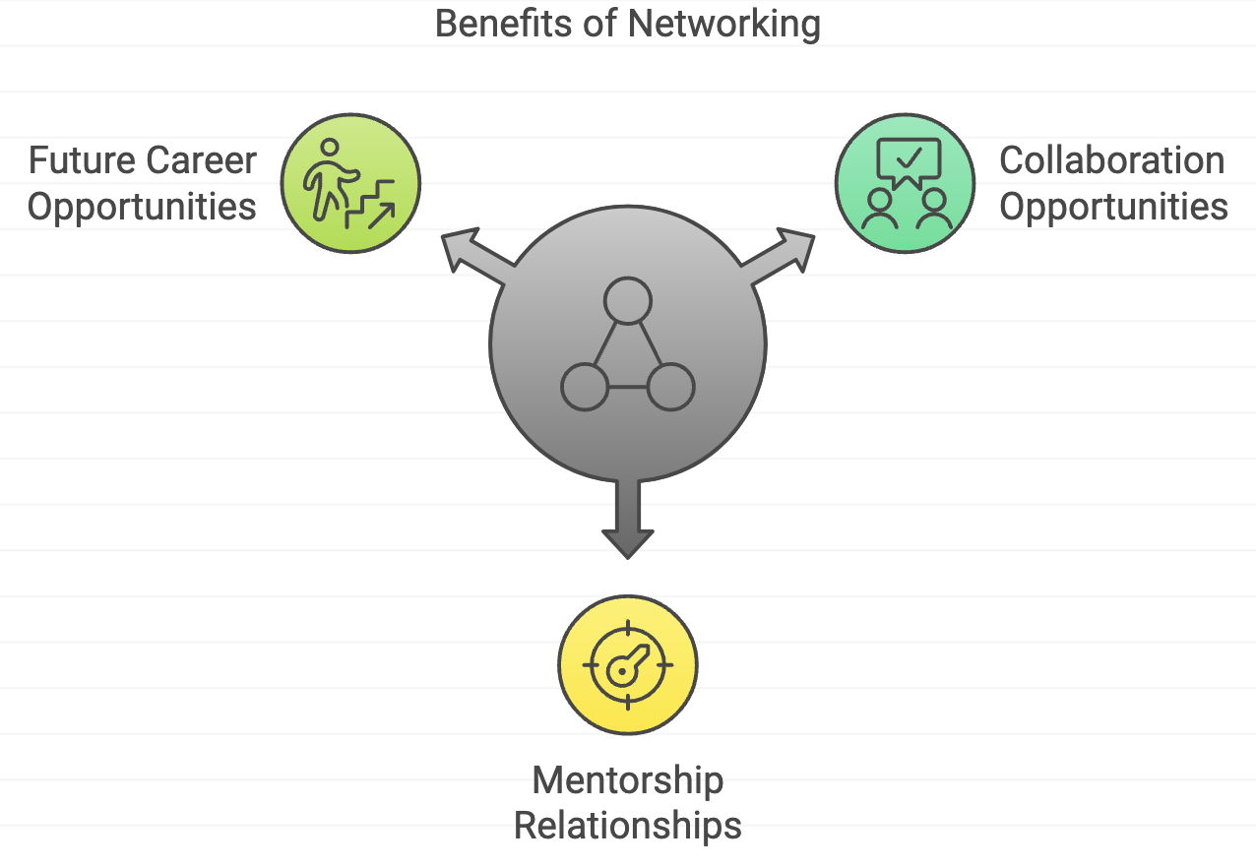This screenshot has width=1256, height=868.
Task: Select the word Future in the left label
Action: [82, 160]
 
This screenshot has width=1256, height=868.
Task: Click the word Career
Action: [202, 160]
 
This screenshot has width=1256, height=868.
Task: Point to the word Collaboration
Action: [1112, 160]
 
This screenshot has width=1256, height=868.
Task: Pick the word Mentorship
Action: [628, 780]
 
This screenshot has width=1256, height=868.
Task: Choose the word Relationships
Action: [628, 826]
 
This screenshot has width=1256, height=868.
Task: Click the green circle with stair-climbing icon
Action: [350, 183]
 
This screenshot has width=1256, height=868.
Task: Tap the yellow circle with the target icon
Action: [628, 664]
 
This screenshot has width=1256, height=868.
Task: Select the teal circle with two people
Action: [905, 183]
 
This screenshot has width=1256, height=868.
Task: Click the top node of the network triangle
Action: [628, 301]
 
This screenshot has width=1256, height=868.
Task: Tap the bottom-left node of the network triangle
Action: [585, 387]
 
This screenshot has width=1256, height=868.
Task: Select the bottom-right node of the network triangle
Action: [670, 387]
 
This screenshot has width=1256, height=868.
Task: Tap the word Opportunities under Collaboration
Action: [1113, 207]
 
